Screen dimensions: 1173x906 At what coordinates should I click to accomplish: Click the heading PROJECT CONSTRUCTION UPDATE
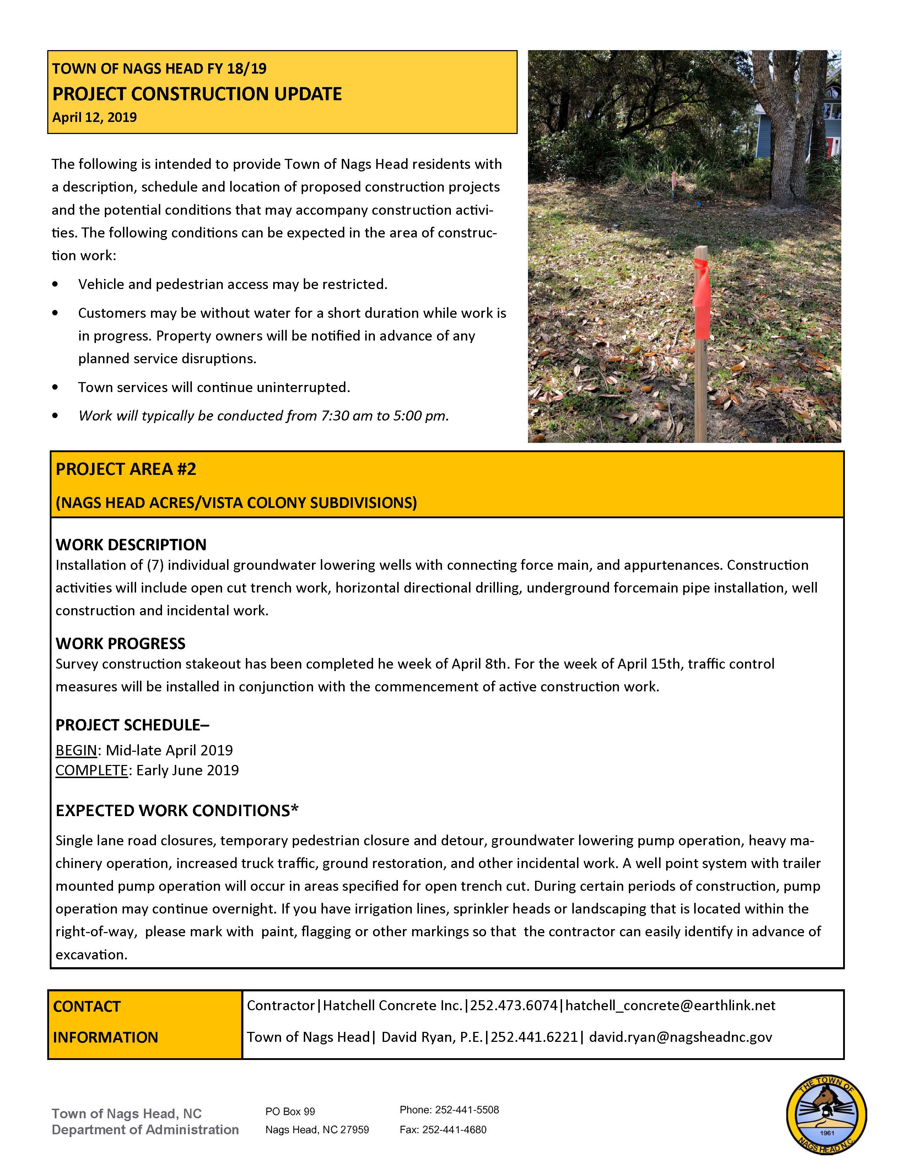(196, 94)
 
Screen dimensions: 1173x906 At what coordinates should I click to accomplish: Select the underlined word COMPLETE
(91, 770)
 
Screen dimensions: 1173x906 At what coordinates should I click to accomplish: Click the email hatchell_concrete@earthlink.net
(670, 1006)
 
